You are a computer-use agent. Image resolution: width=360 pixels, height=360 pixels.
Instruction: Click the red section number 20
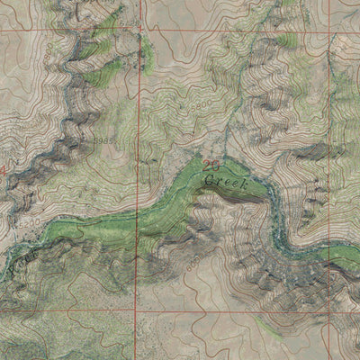click(x=211, y=166)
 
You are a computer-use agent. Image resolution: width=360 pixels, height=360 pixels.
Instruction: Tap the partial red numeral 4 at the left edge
click(x=3, y=168)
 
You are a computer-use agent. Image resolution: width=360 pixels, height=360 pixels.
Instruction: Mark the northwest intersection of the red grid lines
click(x=140, y=31)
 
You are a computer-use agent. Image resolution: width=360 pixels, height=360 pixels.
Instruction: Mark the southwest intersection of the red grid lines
click(x=137, y=310)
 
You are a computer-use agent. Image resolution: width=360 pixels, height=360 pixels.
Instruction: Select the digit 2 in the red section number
click(x=207, y=166)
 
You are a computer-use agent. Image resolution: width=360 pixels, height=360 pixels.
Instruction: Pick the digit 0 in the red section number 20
click(x=215, y=166)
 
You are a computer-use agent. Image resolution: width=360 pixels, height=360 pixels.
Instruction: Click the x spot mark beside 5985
click(x=119, y=141)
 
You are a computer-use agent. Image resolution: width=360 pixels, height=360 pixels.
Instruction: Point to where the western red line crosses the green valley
click(x=138, y=216)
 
